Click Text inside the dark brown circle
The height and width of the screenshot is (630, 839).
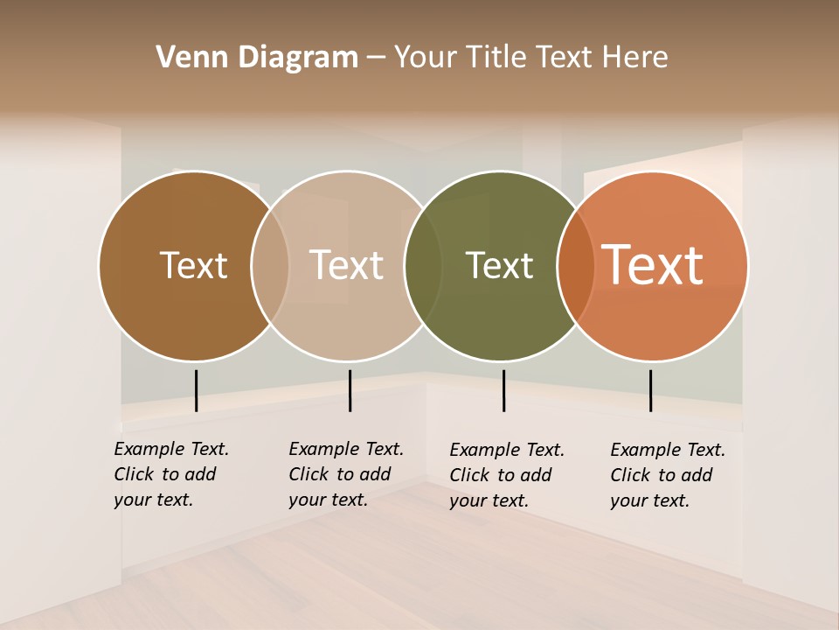(193, 265)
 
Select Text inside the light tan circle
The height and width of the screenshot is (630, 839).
(346, 265)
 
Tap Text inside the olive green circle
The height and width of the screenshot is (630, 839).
(499, 265)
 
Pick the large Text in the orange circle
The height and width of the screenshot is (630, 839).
(653, 265)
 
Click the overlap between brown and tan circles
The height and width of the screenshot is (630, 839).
(270, 266)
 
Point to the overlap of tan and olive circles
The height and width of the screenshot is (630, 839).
(423, 266)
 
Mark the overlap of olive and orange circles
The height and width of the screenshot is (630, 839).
(576, 266)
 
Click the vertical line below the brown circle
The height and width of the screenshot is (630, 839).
(197, 390)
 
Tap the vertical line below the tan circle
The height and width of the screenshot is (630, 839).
(350, 390)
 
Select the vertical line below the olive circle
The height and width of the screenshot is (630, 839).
(503, 390)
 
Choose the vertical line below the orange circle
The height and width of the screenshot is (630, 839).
(650, 390)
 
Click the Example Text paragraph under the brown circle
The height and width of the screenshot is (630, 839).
(170, 474)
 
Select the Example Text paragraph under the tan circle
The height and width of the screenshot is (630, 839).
(345, 474)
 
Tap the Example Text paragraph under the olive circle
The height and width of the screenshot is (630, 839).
(506, 475)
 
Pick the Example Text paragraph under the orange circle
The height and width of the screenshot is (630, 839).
(667, 475)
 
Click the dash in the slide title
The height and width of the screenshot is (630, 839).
(376, 59)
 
